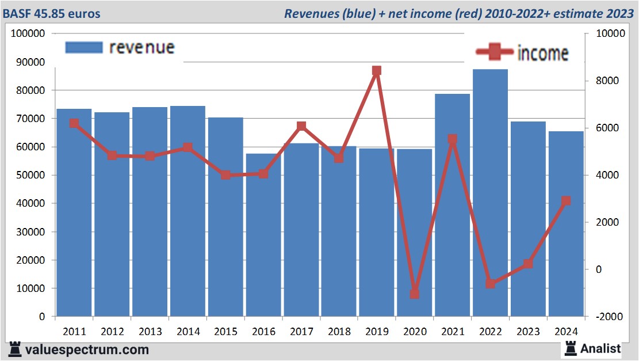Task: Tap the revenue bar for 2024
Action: pyautogui.click(x=566, y=225)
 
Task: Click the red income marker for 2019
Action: pyautogui.click(x=377, y=71)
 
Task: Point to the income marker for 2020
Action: pyautogui.click(x=414, y=294)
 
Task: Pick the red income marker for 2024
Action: pyautogui.click(x=566, y=201)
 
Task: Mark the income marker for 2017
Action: pyautogui.click(x=301, y=126)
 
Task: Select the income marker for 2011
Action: pyautogui.click(x=74, y=123)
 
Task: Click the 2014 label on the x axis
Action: pyautogui.click(x=188, y=332)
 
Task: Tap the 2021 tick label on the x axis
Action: pyautogui.click(x=452, y=332)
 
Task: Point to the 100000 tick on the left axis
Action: pyautogui.click(x=28, y=34)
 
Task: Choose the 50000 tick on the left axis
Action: pyautogui.click(x=30, y=175)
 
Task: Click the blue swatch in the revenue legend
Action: pyautogui.click(x=84, y=47)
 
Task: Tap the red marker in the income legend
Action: pyautogui.click(x=495, y=52)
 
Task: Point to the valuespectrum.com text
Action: pyautogui.click(x=87, y=349)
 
